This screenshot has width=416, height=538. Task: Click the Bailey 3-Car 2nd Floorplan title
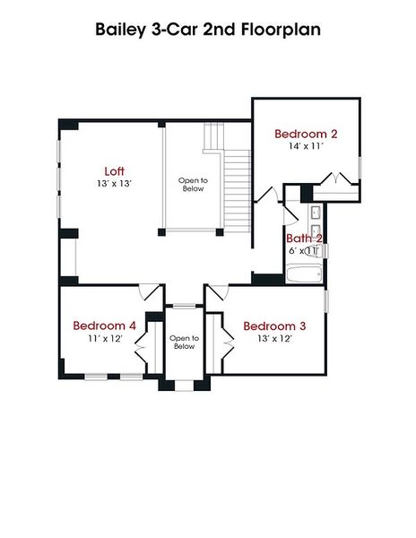pyautogui.click(x=208, y=30)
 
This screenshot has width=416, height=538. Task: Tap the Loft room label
pyautogui.click(x=114, y=171)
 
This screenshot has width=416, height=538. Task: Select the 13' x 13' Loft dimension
pyautogui.click(x=114, y=184)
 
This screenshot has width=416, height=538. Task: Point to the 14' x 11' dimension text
pyautogui.click(x=305, y=145)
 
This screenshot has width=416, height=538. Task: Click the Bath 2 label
pyautogui.click(x=304, y=239)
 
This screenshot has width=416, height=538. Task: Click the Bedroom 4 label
pyautogui.click(x=104, y=325)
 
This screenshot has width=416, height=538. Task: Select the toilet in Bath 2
pyautogui.click(x=314, y=251)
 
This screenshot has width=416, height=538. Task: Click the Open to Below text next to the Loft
pyautogui.click(x=192, y=184)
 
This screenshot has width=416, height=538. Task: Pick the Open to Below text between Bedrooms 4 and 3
pyautogui.click(x=183, y=342)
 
